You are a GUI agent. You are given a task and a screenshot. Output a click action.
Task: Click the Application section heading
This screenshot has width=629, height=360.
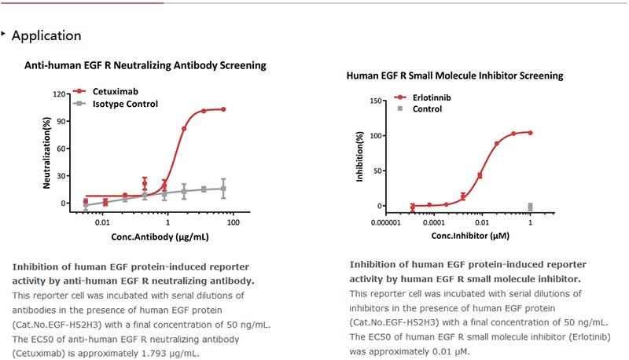[x=46, y=35]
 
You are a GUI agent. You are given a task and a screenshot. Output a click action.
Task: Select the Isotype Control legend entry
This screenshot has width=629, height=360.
[x=125, y=104]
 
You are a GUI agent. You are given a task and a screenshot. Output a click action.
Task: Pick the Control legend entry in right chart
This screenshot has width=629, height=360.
[x=427, y=109]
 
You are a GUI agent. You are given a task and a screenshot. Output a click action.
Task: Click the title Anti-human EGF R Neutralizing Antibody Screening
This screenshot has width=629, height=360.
[x=145, y=64]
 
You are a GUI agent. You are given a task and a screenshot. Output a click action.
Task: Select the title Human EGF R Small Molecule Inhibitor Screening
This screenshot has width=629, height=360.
[x=454, y=76]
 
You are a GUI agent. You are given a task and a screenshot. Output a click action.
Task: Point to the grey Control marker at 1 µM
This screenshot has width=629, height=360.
[x=530, y=207]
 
